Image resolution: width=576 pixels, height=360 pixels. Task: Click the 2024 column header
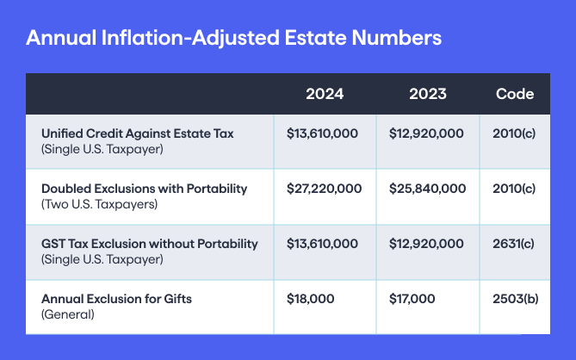coord(325,94)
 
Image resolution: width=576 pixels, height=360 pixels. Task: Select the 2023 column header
coord(428,94)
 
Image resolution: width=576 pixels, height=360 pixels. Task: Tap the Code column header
coord(515,94)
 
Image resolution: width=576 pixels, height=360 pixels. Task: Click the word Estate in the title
coord(315,38)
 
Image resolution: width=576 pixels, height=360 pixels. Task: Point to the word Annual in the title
coord(61,38)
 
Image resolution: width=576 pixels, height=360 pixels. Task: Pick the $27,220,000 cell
coord(324,189)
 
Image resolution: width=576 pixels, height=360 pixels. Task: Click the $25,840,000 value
coord(427,189)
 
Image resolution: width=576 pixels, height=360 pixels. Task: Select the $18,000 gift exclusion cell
coord(311,299)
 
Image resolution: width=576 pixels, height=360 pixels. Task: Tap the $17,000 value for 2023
coord(412,299)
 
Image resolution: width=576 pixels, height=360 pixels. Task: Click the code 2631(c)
coord(513,244)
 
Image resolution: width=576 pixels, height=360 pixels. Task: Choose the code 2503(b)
coord(516,299)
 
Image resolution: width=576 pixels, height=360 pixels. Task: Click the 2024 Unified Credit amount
coord(322,133)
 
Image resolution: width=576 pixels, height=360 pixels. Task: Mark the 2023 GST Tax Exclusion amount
coord(426,244)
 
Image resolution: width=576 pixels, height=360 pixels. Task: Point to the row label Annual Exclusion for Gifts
coord(116,299)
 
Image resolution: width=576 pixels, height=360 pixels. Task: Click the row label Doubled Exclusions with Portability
coord(144,189)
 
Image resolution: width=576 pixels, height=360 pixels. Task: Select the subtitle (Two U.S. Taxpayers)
coord(99,204)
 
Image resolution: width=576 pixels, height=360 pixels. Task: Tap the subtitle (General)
coord(68,314)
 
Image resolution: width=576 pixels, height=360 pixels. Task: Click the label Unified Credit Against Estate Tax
coord(138,133)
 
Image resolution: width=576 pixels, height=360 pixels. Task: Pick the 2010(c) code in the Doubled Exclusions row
coord(514,189)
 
